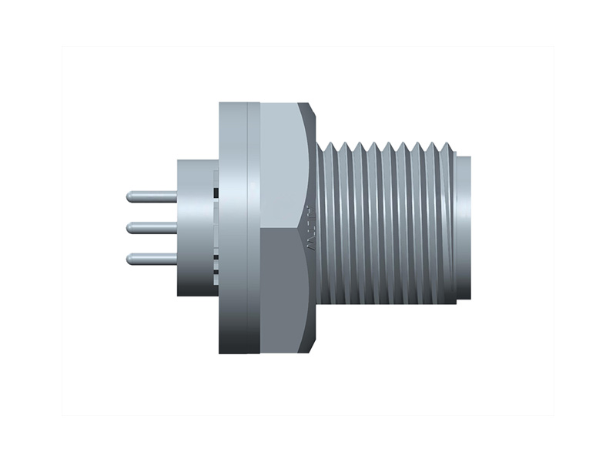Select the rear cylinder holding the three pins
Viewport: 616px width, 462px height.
tap(192, 228)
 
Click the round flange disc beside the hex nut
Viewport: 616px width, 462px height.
tap(233, 228)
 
